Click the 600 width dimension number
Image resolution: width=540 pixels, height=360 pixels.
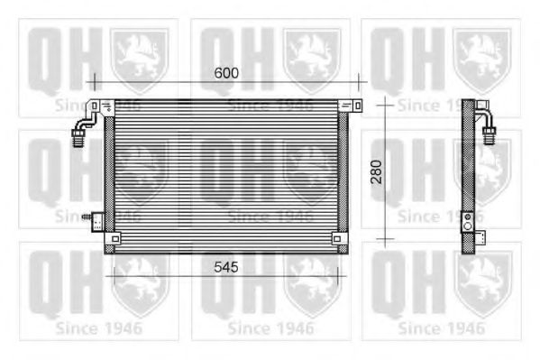[x=226, y=73]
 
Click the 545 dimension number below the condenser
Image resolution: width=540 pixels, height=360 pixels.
[x=226, y=267]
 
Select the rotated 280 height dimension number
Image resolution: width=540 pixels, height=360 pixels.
[x=376, y=171]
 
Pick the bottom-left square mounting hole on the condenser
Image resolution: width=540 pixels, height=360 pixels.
[x=114, y=239]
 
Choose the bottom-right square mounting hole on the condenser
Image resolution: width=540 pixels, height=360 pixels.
[x=336, y=239]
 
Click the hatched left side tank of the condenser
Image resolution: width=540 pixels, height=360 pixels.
[x=110, y=176]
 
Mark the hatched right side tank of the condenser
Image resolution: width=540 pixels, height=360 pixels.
[x=343, y=176]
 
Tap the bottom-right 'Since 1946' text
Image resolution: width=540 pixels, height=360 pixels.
[x=441, y=328]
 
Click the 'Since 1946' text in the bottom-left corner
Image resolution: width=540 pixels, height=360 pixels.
[x=98, y=328]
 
